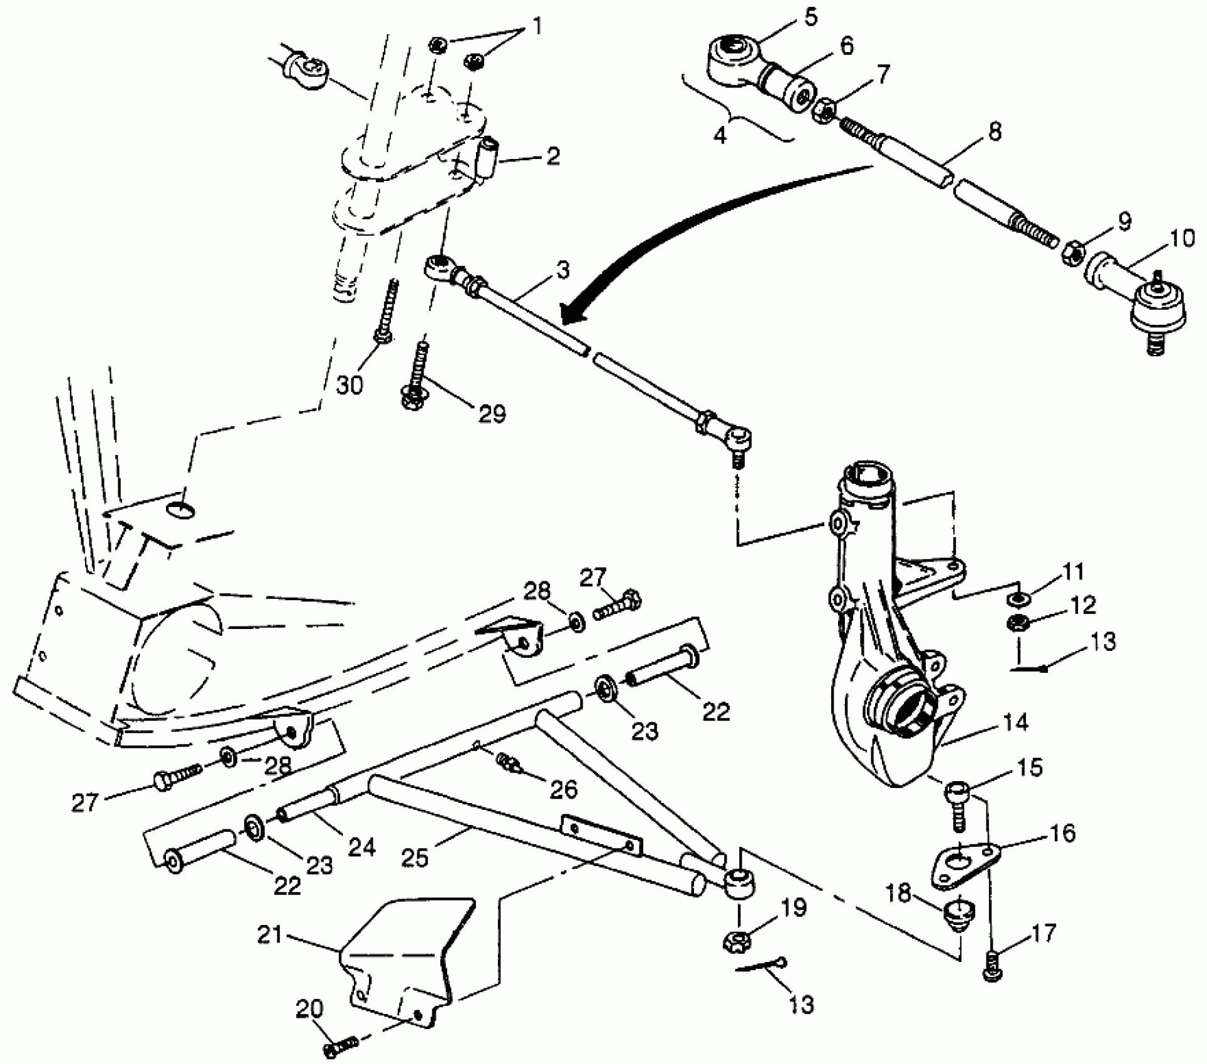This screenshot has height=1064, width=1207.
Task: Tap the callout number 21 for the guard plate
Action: pyautogui.click(x=271, y=936)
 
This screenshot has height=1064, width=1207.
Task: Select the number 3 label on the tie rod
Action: pyautogui.click(x=563, y=270)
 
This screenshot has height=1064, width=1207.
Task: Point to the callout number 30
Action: pyautogui.click(x=349, y=385)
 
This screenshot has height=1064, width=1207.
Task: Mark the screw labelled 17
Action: pyautogui.click(x=990, y=970)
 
